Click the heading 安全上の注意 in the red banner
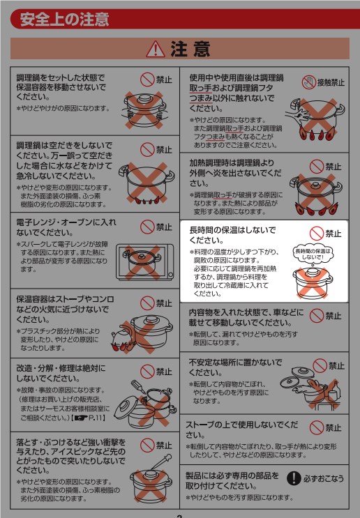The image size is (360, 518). click(64, 19)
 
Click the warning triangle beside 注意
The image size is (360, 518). click(156, 49)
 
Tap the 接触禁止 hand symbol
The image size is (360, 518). click(309, 82)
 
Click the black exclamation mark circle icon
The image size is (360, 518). click(294, 478)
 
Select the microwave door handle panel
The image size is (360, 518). click(170, 262)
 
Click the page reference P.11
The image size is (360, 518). click(95, 418)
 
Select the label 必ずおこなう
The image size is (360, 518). click(324, 478)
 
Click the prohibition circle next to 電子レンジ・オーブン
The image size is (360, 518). click(147, 227)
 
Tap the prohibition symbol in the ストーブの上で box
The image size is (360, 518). click(316, 428)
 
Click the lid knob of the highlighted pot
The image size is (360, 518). click(313, 273)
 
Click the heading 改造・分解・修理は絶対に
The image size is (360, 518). click(61, 368)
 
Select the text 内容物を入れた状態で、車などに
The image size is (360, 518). click(246, 312)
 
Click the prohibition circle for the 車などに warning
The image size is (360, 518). click(316, 316)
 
